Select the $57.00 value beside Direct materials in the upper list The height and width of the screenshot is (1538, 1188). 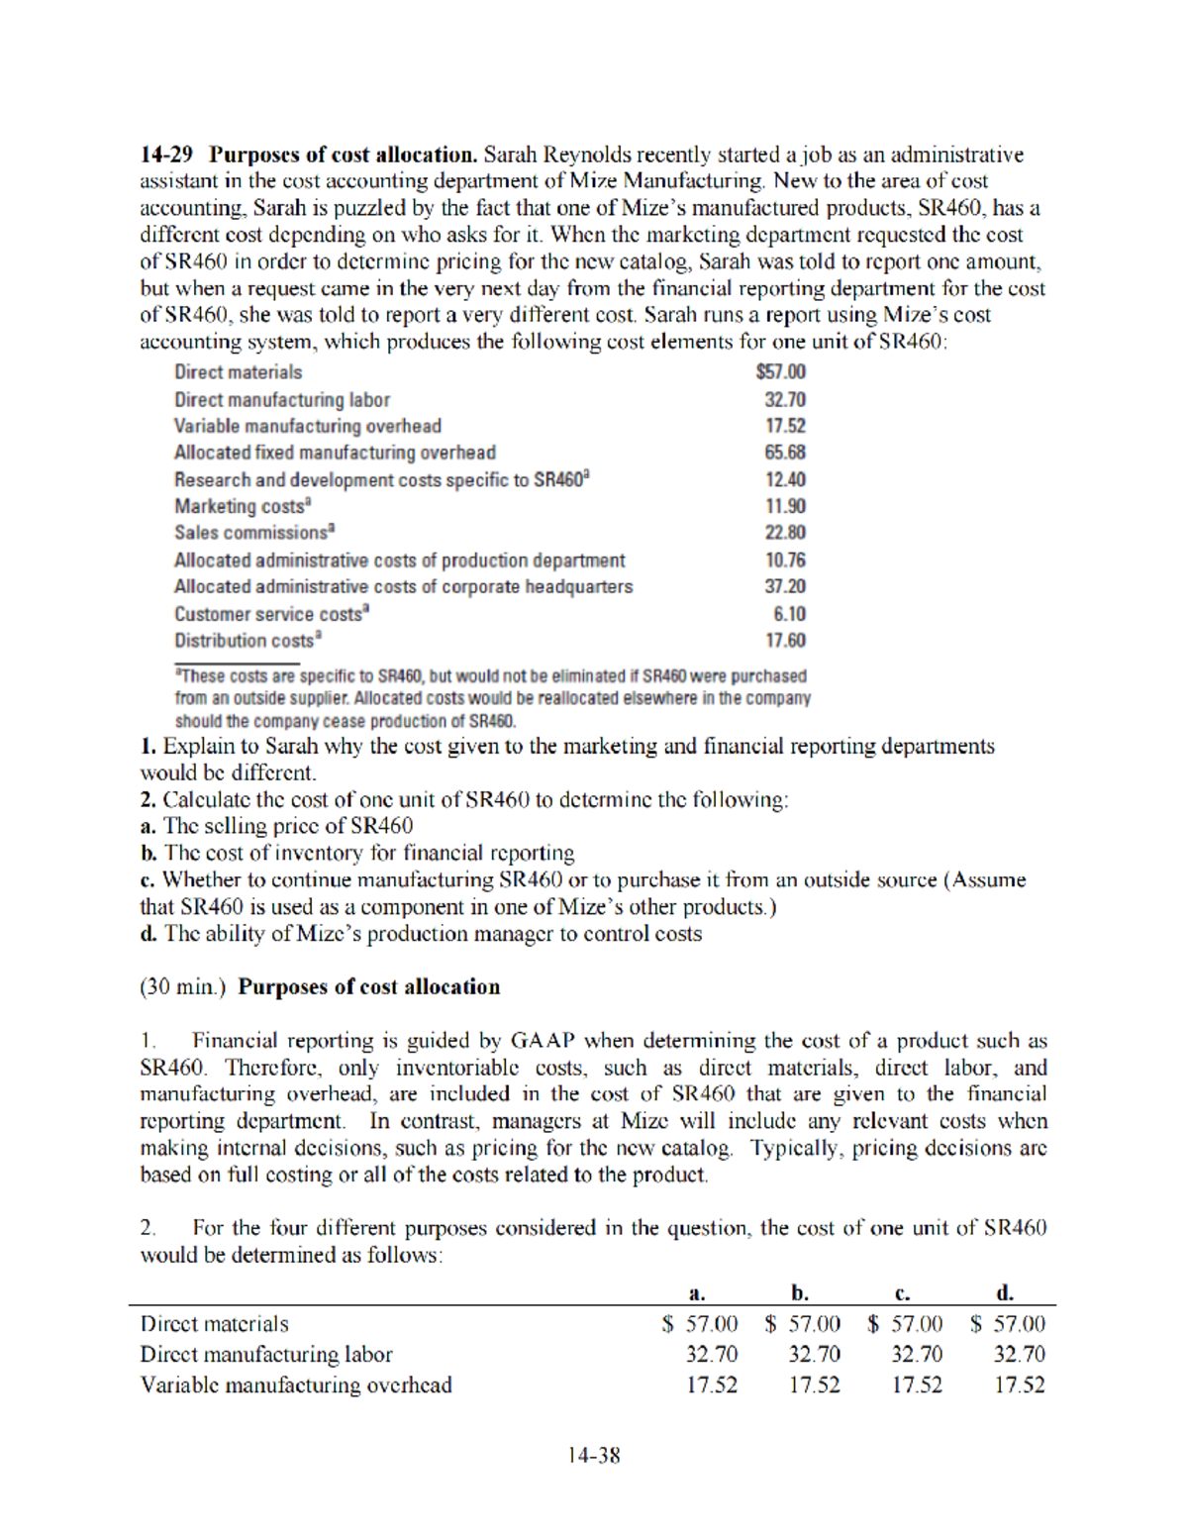780,372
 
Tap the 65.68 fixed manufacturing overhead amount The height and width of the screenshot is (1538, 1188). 784,453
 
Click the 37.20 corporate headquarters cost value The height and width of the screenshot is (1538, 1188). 784,586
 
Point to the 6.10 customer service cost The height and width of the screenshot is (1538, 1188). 789,614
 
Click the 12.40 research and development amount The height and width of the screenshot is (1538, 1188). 784,479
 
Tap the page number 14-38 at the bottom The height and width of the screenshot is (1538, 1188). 593,1455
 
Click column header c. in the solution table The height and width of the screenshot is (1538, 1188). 902,1292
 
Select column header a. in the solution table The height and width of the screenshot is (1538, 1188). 697,1292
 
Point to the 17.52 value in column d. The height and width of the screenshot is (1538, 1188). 1019,1384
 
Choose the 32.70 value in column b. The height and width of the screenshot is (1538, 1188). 814,1354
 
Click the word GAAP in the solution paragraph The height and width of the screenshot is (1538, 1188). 543,1041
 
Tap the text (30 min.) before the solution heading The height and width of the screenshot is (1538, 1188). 183,987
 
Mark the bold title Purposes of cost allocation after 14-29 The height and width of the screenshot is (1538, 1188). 344,154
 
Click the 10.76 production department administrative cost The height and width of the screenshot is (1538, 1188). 784,560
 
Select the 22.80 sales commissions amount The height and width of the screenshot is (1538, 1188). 784,533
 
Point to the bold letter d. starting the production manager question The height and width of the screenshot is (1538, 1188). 148,934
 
